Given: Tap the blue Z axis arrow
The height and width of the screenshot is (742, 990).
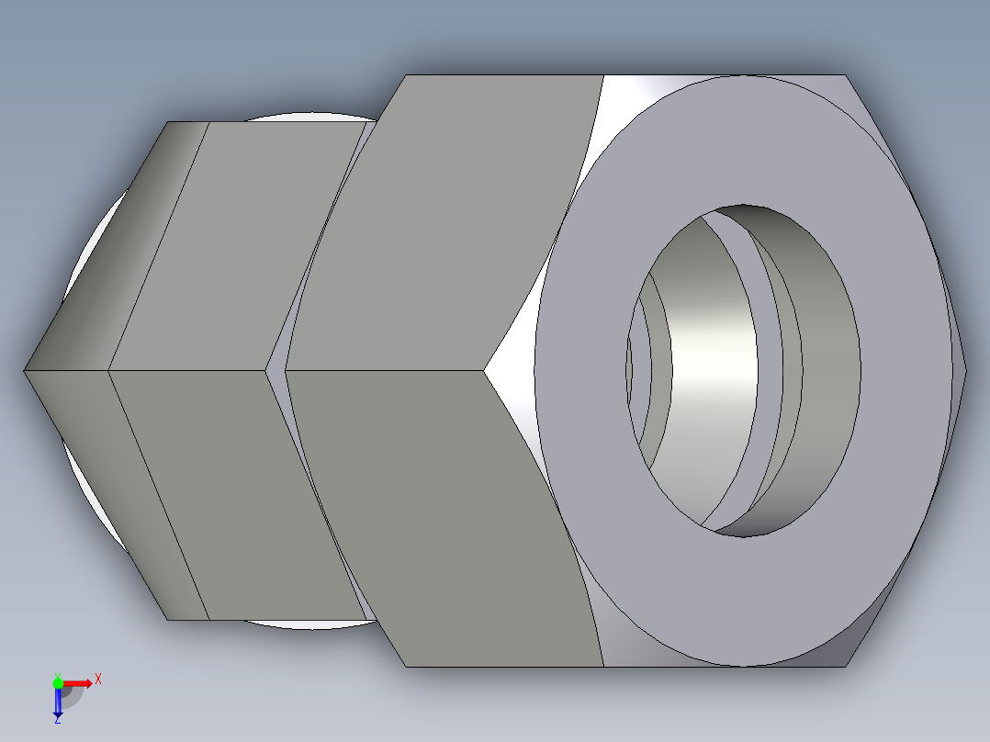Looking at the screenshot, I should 57,703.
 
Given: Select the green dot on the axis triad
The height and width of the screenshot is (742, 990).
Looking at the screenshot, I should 58,682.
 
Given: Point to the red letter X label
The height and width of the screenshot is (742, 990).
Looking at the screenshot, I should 97,680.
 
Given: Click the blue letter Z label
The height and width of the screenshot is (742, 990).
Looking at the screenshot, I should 57,720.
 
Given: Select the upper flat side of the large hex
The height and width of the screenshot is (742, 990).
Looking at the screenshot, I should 450,220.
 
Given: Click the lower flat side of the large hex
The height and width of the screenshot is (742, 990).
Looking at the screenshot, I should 441,514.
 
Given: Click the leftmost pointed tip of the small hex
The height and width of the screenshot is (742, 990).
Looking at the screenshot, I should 26,371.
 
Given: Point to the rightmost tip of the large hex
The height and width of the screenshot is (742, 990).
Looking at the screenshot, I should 964,371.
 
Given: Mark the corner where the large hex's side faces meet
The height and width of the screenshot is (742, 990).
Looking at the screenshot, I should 485,371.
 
